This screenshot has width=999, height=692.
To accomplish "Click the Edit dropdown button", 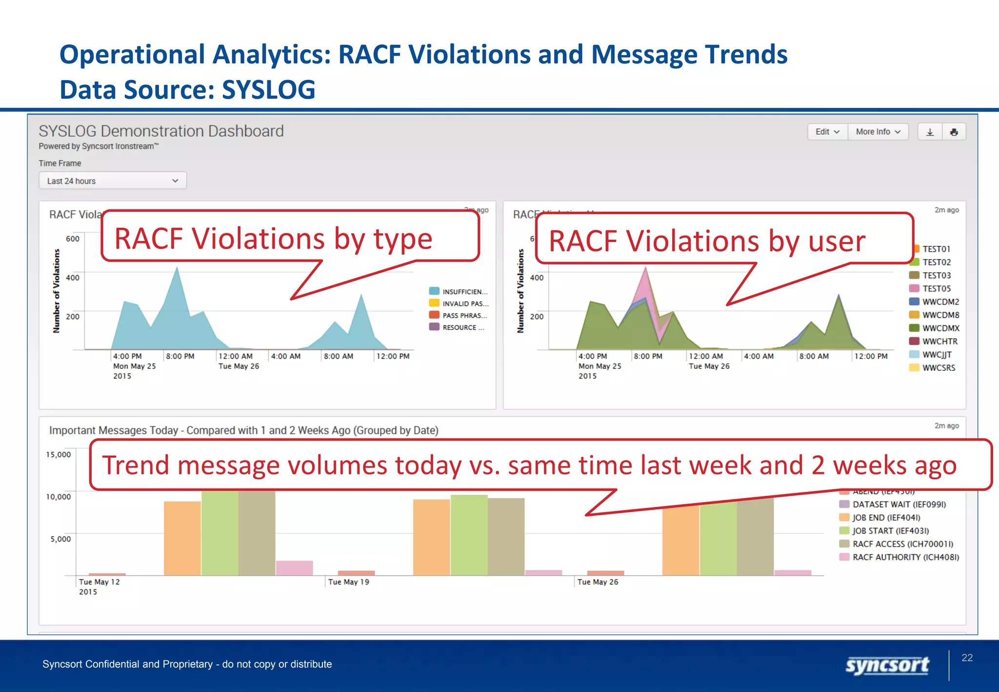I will [x=827, y=132].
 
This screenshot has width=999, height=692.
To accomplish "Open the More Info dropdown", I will [x=878, y=132].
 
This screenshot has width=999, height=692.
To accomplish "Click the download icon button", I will [x=930, y=132].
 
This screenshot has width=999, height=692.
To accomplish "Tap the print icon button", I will [x=954, y=132].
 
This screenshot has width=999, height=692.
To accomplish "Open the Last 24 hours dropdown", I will [x=113, y=181].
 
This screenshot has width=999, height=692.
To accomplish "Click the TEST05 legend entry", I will [x=936, y=289].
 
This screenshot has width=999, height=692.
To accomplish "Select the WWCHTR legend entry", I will [x=939, y=342].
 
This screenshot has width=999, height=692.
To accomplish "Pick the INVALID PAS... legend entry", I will [x=465, y=304].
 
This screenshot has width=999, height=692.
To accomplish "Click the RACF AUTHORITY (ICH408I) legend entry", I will [x=905, y=557].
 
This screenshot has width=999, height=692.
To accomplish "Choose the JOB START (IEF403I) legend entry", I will [x=890, y=531].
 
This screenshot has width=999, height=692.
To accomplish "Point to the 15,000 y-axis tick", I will [x=59, y=455].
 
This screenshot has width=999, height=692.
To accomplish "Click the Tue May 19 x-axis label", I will [x=348, y=582].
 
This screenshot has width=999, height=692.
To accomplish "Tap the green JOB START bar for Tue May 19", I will [x=469, y=535].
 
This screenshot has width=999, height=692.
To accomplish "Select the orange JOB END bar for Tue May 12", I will [x=182, y=538].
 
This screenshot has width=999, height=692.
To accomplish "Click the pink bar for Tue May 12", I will [x=294, y=568].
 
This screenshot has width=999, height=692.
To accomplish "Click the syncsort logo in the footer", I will [x=887, y=665].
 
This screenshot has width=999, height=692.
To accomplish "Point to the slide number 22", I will [x=967, y=658].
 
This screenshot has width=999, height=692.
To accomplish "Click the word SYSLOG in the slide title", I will [x=268, y=90].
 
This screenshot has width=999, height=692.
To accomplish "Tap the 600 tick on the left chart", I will [x=73, y=239].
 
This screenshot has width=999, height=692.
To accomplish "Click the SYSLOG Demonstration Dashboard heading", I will [x=161, y=131].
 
